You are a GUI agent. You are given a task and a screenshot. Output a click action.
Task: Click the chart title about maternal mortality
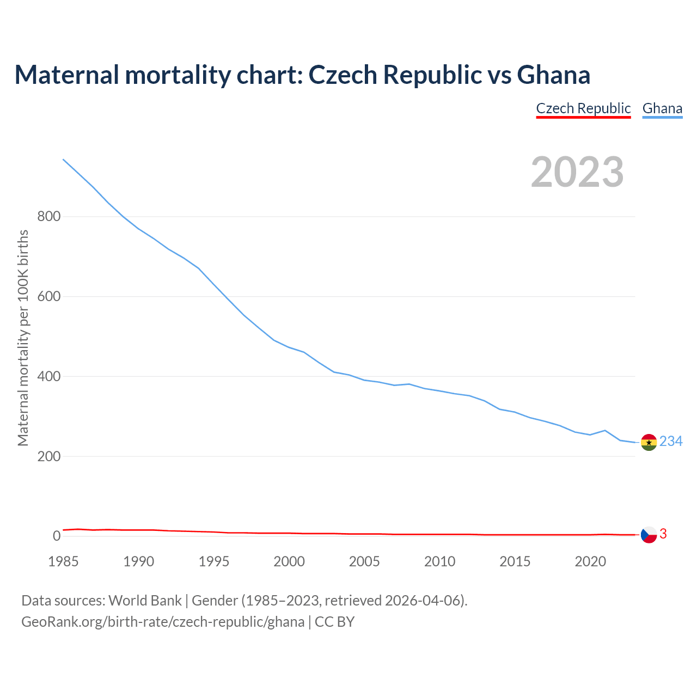click(x=302, y=75)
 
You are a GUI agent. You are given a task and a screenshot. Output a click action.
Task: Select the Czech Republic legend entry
click(x=583, y=108)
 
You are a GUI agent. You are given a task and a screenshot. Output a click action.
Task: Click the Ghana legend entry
click(x=662, y=108)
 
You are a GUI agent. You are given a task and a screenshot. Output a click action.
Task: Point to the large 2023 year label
click(x=577, y=172)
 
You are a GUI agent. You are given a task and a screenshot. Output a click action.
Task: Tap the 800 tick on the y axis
click(x=48, y=217)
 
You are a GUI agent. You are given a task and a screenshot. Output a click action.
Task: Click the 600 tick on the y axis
click(x=48, y=297)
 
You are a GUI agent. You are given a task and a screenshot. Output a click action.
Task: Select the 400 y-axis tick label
click(x=48, y=377)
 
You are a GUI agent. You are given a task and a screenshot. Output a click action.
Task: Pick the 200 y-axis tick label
click(x=48, y=456)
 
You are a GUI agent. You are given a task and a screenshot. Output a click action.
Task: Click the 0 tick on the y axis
click(x=57, y=536)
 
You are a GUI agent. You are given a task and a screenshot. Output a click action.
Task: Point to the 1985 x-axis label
click(x=64, y=561)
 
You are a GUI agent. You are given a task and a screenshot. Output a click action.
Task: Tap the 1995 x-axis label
click(x=214, y=561)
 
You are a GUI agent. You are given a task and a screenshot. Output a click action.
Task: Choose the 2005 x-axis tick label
click(x=364, y=561)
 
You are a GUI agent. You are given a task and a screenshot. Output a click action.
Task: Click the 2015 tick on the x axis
click(x=515, y=561)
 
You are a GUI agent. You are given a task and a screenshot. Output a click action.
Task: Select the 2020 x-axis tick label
click(x=590, y=561)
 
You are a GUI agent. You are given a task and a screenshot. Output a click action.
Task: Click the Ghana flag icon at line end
click(x=649, y=443)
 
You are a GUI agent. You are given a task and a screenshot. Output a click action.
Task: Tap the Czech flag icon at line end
click(x=649, y=535)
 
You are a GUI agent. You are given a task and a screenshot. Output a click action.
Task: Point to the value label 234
click(x=671, y=442)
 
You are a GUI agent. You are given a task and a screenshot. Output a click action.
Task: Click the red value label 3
click(x=663, y=534)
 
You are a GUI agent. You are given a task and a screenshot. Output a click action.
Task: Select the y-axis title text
click(x=23, y=338)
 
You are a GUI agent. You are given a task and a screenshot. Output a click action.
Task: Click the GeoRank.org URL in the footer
click(x=163, y=622)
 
